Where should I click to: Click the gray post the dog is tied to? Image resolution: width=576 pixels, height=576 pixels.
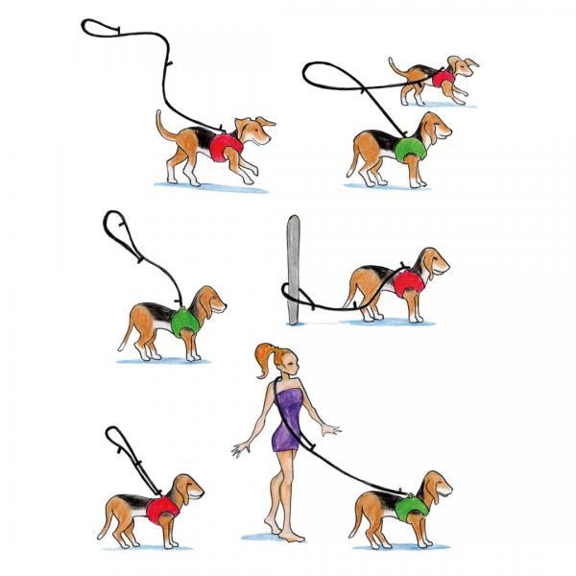point(293,269)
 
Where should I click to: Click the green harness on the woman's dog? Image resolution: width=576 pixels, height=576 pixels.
point(411,506)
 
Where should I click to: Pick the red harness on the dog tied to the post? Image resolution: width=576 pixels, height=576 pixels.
point(409,281)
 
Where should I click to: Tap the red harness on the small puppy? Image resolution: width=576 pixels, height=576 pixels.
point(443,78)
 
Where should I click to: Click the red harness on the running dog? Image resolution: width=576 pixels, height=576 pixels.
point(227,147)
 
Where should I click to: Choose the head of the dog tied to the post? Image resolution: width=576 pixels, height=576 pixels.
point(431,261)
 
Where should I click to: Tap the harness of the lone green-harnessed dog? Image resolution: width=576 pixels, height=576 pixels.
point(185,321)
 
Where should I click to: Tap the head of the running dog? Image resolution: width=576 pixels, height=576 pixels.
point(255,130)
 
